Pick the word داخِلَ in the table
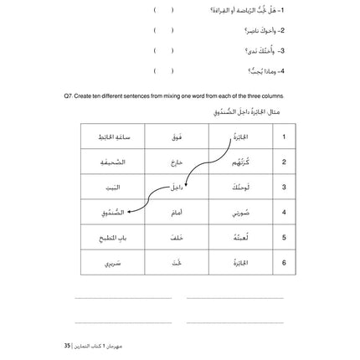click(x=176, y=187)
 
